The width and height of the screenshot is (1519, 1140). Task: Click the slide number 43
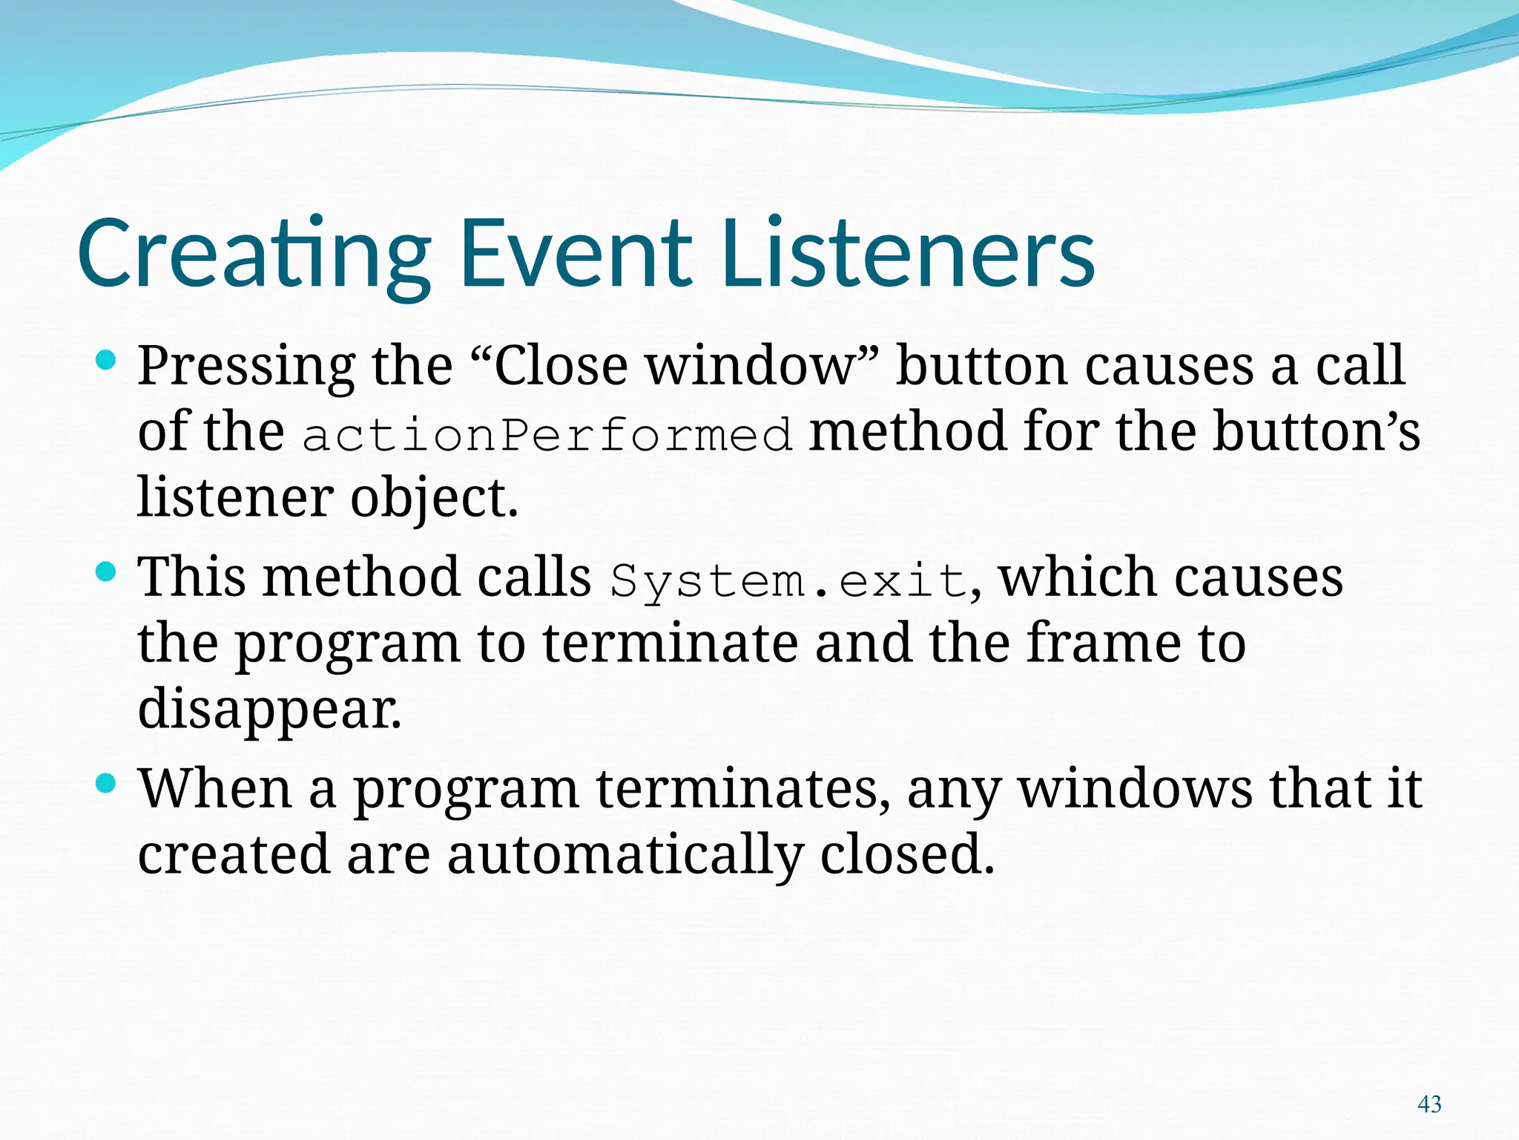pos(1429,1104)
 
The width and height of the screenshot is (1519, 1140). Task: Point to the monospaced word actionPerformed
pos(547,434)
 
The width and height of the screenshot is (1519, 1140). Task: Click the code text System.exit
pos(789,580)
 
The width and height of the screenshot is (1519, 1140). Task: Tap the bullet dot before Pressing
pos(107,361)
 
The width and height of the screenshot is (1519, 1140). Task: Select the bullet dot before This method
pos(107,571)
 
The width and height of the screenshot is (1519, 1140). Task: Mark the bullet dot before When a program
pos(107,783)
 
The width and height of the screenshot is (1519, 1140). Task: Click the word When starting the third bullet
pos(215,788)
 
